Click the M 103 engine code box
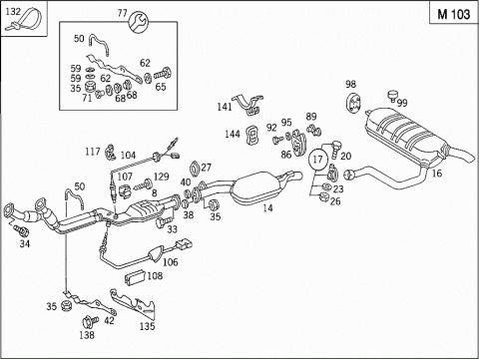[454, 13]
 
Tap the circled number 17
[317, 160]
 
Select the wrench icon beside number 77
[138, 22]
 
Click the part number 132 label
[13, 11]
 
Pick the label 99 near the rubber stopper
[402, 103]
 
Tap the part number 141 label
[225, 107]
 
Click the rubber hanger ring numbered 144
[252, 135]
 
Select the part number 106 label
[170, 262]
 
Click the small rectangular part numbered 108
[135, 277]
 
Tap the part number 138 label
[87, 335]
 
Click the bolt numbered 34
[21, 229]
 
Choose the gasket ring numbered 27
[196, 169]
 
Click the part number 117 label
[93, 152]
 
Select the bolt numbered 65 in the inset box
[163, 74]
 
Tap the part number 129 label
[162, 177]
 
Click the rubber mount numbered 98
[353, 103]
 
